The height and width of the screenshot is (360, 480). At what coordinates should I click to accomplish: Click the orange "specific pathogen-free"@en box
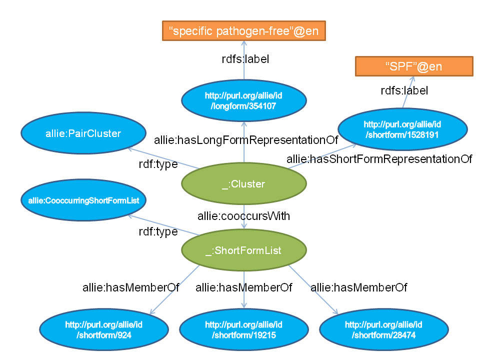tap(244, 31)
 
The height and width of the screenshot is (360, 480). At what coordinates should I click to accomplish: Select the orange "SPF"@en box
tap(414, 66)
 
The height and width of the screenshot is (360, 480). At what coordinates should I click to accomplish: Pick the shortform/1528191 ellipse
tap(402, 128)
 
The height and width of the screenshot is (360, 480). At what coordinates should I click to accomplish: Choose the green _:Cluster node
tap(243, 184)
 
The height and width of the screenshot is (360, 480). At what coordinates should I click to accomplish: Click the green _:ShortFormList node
tap(243, 250)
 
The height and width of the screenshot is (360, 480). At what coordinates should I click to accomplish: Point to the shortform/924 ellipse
tap(104, 330)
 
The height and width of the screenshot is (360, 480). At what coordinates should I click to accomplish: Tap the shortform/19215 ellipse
tap(243, 330)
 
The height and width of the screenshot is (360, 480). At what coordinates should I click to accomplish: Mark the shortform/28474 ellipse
tap(383, 330)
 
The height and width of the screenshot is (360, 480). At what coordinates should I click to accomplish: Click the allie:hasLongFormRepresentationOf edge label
tap(246, 139)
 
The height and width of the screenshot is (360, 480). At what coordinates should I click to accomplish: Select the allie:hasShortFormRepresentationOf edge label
tap(379, 159)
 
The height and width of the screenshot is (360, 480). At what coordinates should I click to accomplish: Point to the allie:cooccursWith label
tap(244, 216)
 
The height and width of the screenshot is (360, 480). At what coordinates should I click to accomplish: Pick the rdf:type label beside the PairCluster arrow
tap(158, 164)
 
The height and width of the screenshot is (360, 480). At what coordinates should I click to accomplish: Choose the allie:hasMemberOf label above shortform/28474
tap(358, 287)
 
